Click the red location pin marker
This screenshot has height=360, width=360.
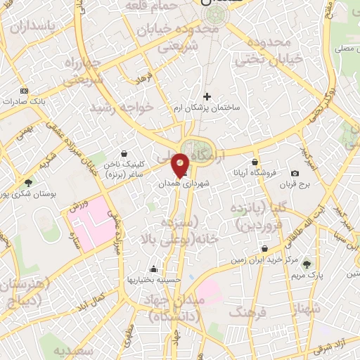coord(181,165)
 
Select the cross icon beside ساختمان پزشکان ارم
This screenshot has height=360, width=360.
coord(207,96)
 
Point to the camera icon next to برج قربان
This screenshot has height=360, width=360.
coord(294,173)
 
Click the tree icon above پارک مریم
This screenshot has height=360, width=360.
coord(307,264)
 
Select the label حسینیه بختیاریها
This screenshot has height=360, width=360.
coord(154,279)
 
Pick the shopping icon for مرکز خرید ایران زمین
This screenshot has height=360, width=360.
coord(264,248)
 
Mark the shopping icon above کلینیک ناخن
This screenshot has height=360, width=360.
coord(124,153)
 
